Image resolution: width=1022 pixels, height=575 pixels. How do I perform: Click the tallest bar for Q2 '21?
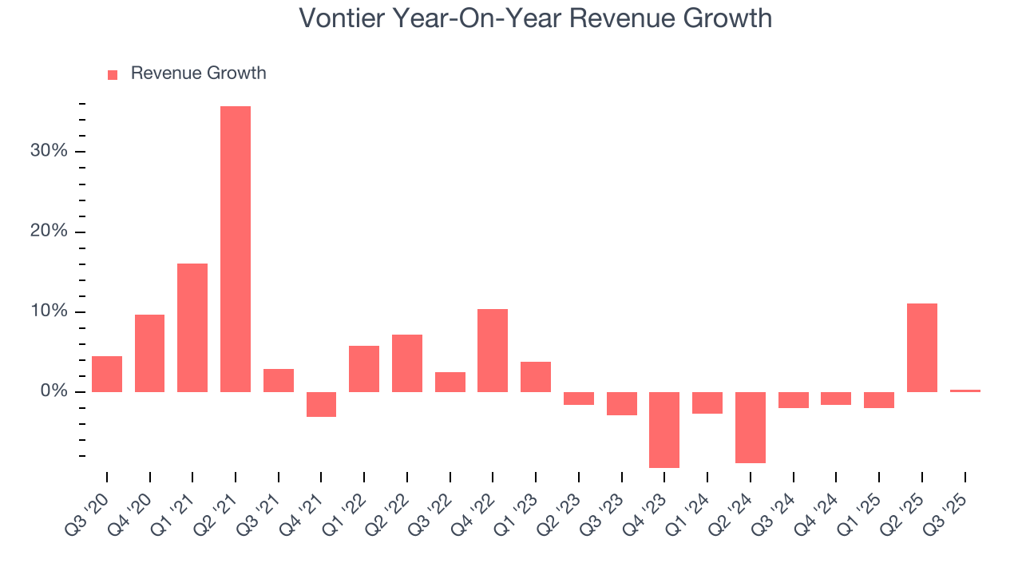coord(236,249)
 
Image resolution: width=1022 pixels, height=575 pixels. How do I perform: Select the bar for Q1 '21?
coord(192,327)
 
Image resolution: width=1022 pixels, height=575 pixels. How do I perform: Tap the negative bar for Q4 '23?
coord(664,430)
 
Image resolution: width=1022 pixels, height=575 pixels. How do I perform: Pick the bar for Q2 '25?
coord(922,347)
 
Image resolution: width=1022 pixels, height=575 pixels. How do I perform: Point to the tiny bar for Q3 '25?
coord(965,391)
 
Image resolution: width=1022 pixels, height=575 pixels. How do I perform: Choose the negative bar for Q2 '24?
coord(751,427)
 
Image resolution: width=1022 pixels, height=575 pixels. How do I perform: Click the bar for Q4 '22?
coord(493,350)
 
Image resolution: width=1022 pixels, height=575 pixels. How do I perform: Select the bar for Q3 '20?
coord(107,374)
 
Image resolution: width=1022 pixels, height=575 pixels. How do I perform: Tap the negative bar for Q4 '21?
coord(321,404)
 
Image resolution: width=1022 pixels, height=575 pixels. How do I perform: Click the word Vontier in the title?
coord(340,18)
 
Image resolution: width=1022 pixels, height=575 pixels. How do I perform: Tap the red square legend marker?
coord(113,74)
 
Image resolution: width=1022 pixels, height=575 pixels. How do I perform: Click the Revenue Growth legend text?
coord(198,73)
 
